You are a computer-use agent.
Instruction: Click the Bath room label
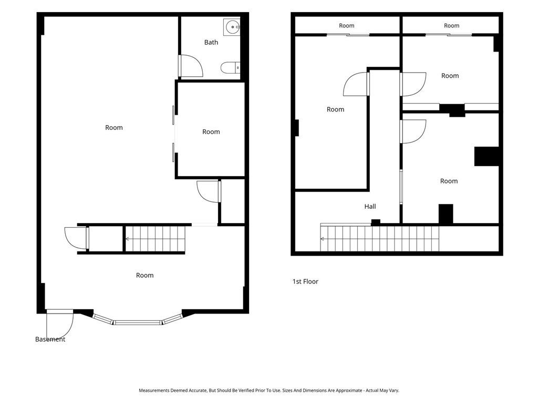211,42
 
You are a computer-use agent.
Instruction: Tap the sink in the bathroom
232,27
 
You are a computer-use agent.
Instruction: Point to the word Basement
50,339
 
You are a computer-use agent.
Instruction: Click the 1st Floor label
305,282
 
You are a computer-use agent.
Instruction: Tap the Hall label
370,206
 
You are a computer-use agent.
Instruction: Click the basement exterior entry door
60,325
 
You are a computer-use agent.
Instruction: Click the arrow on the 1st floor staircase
323,239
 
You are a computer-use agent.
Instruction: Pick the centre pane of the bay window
138,322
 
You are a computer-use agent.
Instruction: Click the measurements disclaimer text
269,390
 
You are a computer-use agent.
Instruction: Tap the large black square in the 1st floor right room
487,156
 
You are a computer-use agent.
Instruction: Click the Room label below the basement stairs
145,275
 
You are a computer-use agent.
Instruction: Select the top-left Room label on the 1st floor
347,25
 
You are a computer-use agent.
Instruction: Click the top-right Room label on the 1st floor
451,25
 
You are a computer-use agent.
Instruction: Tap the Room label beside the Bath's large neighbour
211,132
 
